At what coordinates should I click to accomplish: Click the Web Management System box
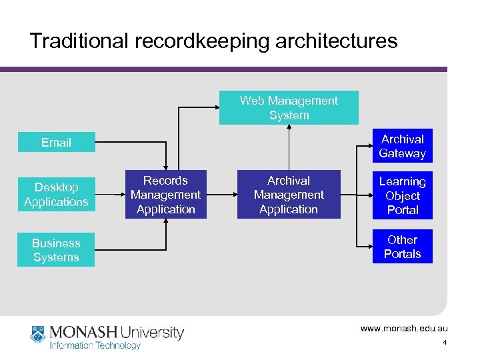[289, 108]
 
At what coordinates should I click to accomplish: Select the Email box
[56, 142]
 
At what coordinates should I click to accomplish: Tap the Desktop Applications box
[56, 195]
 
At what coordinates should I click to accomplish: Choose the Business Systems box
[56, 250]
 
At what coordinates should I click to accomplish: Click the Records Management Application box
[165, 195]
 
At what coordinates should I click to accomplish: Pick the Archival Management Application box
[289, 195]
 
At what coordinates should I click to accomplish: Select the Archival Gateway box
[402, 146]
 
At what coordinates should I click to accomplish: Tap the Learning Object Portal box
[402, 195]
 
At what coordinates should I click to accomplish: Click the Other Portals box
[402, 247]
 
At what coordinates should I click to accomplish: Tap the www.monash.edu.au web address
[404, 329]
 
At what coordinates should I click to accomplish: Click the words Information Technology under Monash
[95, 345]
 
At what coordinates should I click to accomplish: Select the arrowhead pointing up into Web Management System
[289, 129]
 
